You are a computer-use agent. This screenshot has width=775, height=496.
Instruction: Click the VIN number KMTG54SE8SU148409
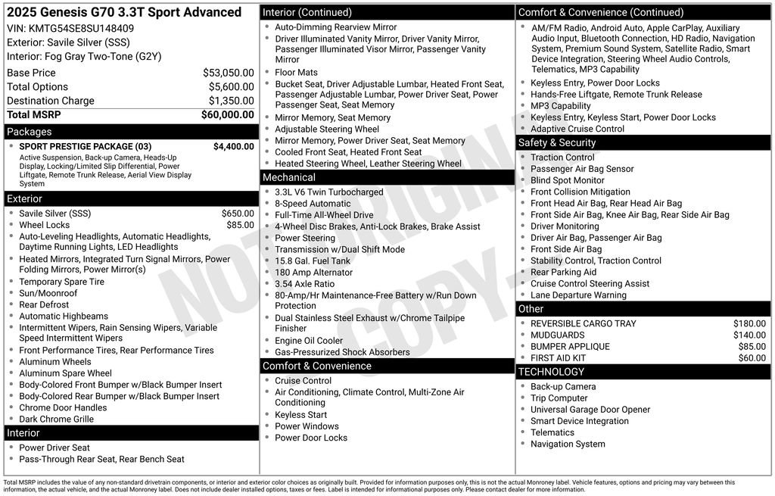[81, 29]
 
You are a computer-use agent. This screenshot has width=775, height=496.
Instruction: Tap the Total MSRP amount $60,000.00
[227, 115]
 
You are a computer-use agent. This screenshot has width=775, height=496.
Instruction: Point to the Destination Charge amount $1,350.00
[231, 101]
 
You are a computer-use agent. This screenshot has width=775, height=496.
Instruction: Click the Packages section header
[30, 132]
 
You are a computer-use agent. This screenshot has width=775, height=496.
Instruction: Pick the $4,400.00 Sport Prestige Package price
[233, 147]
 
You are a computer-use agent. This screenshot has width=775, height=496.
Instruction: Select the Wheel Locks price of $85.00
[240, 225]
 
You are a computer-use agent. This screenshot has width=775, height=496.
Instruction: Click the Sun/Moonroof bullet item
[48, 293]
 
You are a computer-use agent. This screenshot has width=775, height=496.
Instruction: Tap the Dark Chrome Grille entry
[56, 419]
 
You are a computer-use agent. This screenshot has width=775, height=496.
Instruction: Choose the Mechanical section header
[289, 178]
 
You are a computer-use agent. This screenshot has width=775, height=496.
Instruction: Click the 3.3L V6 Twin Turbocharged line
[328, 192]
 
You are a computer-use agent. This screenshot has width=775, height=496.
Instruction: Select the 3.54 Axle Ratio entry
[304, 284]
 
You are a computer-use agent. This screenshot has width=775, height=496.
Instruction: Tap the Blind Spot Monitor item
[567, 180]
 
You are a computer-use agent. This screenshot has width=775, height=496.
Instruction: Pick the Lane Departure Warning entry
[578, 295]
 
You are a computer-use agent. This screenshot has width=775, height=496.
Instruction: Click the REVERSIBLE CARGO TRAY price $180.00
[749, 323]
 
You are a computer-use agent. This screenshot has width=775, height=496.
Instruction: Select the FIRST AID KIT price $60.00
[752, 358]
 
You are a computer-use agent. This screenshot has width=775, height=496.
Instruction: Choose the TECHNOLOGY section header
[551, 372]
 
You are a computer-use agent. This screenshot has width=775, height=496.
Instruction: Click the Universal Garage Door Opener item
[590, 410]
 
